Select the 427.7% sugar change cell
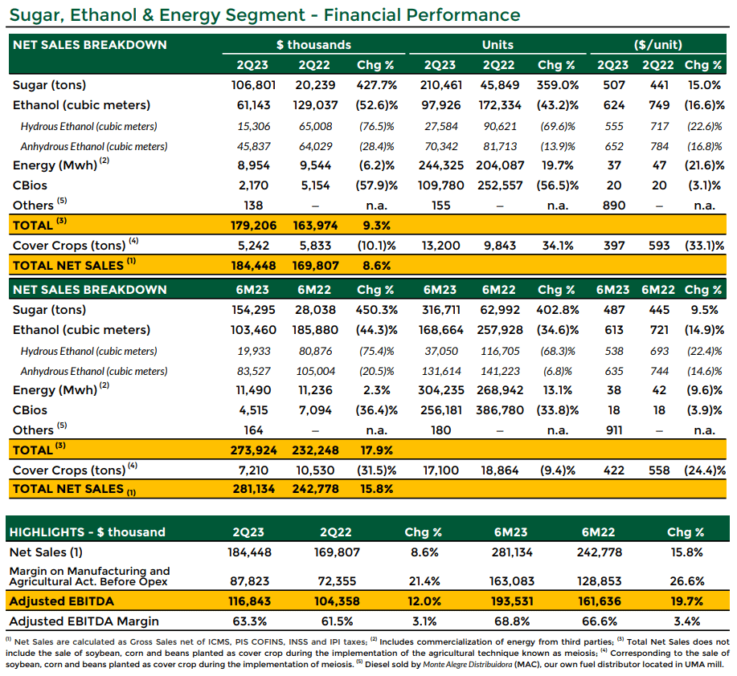point(376,85)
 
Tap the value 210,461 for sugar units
point(440,85)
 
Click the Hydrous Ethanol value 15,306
point(253,126)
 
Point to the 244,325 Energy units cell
point(441,165)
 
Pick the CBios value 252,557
point(500,185)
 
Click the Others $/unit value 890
point(614,206)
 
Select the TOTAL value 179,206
point(253,226)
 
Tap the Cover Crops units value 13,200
point(441,246)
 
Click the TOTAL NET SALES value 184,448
point(253,266)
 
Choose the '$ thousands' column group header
point(313,45)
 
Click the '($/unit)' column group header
point(658,45)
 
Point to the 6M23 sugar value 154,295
point(253,310)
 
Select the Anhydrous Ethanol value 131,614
point(441,372)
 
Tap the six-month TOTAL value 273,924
point(253,450)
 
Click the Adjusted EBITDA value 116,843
point(250,601)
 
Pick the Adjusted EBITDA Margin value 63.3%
point(250,621)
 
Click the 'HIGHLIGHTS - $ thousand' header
point(88,531)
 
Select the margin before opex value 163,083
point(512,581)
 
